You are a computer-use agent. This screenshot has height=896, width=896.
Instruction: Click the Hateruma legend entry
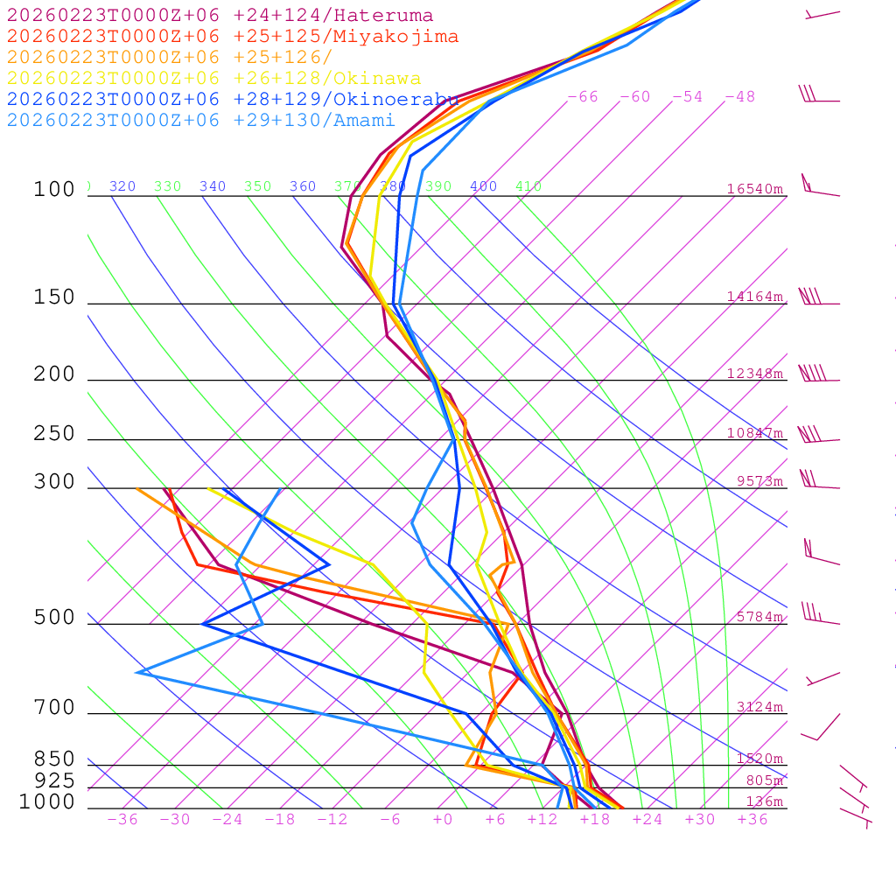pos(220,16)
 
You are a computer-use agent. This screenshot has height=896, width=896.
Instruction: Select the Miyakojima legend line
pos(233,37)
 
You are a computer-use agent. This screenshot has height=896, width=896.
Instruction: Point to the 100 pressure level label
pos(54,190)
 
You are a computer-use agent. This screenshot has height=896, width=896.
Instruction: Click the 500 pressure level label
pos(54,619)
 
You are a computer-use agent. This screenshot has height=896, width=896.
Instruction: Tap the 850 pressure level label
pos(54,759)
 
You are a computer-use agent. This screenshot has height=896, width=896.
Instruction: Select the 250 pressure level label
pos(54,434)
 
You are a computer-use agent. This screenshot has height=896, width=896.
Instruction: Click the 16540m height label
pos(755,189)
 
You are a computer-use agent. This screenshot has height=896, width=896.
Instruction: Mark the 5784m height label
pos(759,617)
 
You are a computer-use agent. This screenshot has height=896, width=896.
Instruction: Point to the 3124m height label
pos(759,707)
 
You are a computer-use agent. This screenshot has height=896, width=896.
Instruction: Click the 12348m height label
pos(755,374)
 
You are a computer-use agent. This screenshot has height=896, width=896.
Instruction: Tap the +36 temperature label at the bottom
pos(752,820)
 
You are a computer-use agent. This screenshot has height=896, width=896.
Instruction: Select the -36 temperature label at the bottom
pos(122,820)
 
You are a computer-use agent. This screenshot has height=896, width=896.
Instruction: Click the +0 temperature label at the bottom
pos(443,820)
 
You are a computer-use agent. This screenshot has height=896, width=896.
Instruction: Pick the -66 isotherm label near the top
pos(583,97)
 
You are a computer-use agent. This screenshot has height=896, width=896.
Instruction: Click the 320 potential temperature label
pos(122,186)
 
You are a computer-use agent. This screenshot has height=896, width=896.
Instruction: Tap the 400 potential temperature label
pos(483,186)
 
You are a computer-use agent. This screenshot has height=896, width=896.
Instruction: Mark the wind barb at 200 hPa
pos(814,374)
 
